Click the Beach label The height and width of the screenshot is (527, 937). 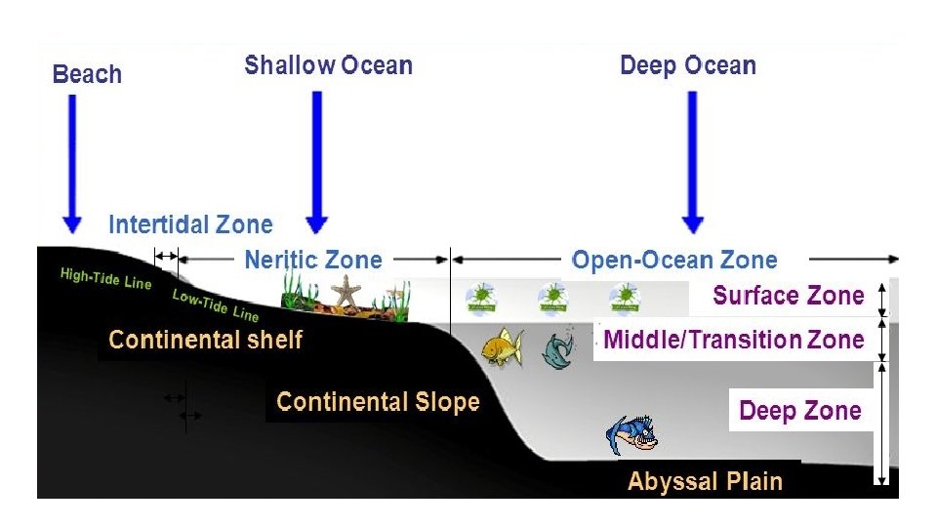click(x=87, y=75)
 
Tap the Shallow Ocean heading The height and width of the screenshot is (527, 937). click(x=328, y=66)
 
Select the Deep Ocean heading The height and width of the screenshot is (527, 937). click(x=688, y=66)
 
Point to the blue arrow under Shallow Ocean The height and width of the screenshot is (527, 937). click(x=315, y=161)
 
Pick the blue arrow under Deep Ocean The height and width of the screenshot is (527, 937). click(x=692, y=161)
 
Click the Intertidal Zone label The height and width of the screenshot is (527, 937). click(x=190, y=225)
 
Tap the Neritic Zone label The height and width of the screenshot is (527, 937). click(x=312, y=261)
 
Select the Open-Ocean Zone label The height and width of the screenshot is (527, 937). click(x=674, y=261)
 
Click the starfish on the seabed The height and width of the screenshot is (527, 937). click(x=346, y=290)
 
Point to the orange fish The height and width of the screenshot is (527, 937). click(x=502, y=346)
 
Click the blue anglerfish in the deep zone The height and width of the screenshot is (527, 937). click(x=631, y=433)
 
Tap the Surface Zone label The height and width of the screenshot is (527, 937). click(x=789, y=296)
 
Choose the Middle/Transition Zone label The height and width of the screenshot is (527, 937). click(x=734, y=340)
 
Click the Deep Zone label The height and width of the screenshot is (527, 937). click(x=799, y=411)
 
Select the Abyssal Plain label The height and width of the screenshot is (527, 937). click(x=705, y=481)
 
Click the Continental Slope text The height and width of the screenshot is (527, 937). click(x=378, y=402)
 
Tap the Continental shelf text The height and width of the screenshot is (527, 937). click(x=206, y=340)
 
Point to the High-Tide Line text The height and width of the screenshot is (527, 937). click(x=105, y=278)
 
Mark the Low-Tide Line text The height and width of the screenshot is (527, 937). click(x=216, y=305)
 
